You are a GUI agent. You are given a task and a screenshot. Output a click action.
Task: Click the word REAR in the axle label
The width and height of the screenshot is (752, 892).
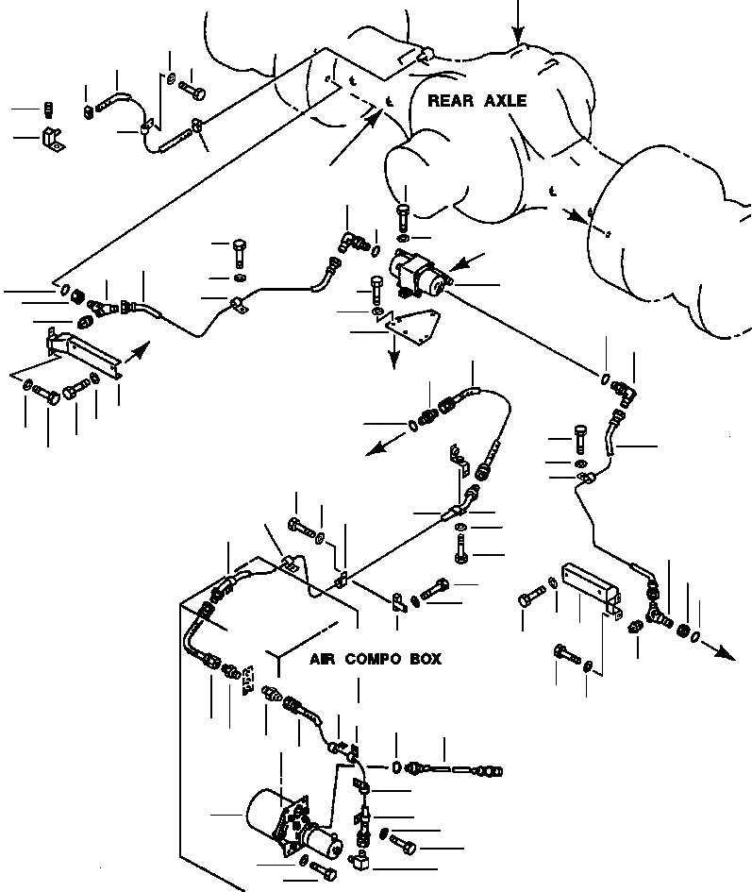pyautogui.click(x=450, y=101)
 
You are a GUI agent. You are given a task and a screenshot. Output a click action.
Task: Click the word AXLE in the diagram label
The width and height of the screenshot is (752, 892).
pyautogui.click(x=506, y=101)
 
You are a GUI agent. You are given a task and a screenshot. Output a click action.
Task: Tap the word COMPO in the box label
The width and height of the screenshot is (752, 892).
pyautogui.click(x=372, y=659)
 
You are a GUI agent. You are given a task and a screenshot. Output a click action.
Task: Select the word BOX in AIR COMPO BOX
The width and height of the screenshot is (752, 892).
pyautogui.click(x=426, y=659)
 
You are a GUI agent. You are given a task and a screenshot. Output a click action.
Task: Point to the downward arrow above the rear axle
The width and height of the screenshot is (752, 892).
pyautogui.click(x=518, y=22)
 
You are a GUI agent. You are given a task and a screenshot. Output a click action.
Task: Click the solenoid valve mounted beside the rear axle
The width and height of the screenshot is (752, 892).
pyautogui.click(x=419, y=274)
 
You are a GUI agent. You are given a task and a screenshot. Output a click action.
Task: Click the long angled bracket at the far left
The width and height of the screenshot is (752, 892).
pyautogui.click(x=84, y=353)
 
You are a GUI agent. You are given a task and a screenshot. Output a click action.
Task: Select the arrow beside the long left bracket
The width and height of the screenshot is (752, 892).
pyautogui.click(x=137, y=353)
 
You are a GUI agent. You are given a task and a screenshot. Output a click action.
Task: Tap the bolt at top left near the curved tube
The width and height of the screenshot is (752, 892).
pyautogui.click(x=192, y=90)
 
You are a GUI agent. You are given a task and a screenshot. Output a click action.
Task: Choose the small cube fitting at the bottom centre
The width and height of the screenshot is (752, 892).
pyautogui.click(x=359, y=861)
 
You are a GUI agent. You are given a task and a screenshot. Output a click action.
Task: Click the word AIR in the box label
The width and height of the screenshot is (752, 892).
pyautogui.click(x=322, y=659)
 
